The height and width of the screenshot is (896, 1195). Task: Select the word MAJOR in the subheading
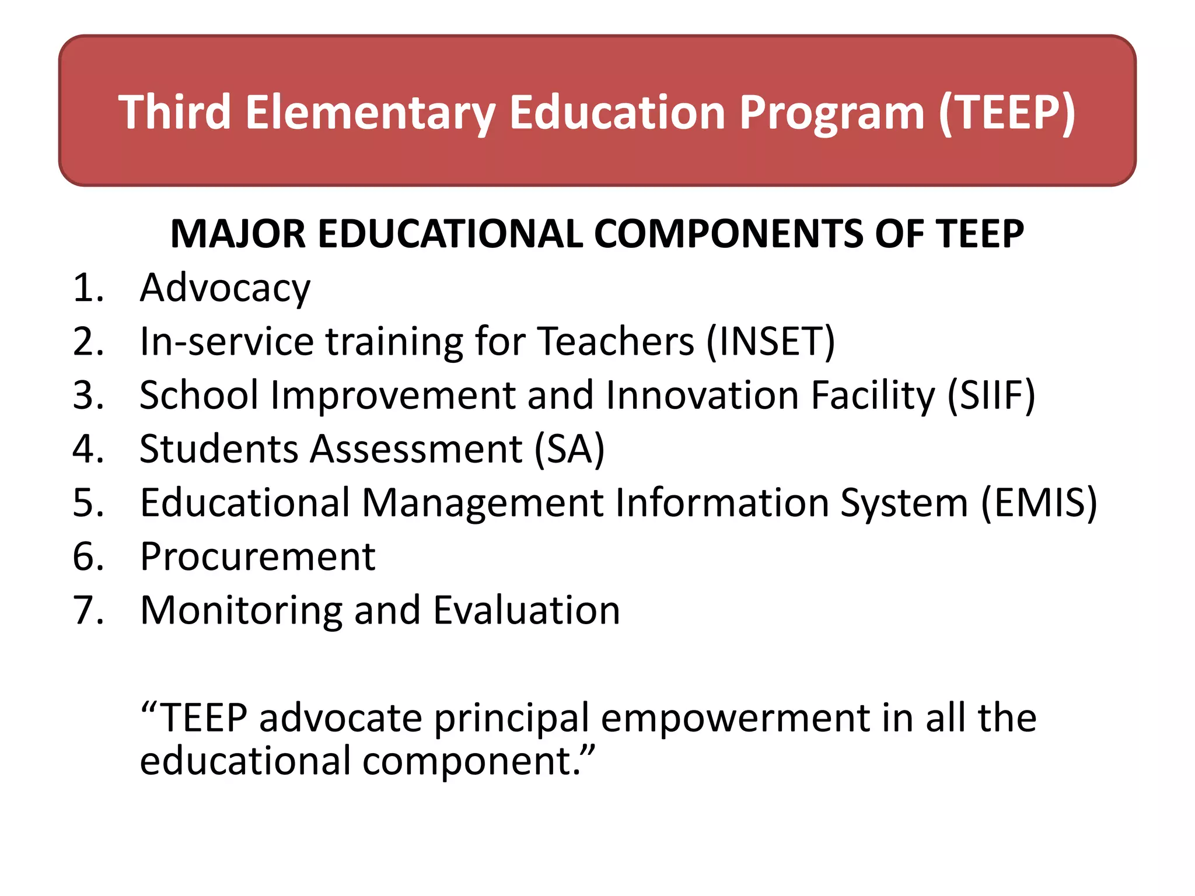[237, 234]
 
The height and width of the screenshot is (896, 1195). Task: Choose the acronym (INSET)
[770, 341]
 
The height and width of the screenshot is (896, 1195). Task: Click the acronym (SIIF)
[991, 395]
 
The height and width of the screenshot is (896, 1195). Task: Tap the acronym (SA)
[569, 449]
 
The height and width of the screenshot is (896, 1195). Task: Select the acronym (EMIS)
[1039, 502]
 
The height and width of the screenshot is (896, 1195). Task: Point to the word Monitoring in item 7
[241, 611]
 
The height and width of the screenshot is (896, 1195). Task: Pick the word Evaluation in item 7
[526, 610]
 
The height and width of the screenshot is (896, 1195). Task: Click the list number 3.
[88, 395]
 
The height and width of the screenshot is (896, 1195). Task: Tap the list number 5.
[88, 502]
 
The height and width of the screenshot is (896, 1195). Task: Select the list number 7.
[88, 610]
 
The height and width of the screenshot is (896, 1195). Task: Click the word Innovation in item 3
[702, 395]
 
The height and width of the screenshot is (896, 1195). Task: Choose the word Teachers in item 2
[615, 341]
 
